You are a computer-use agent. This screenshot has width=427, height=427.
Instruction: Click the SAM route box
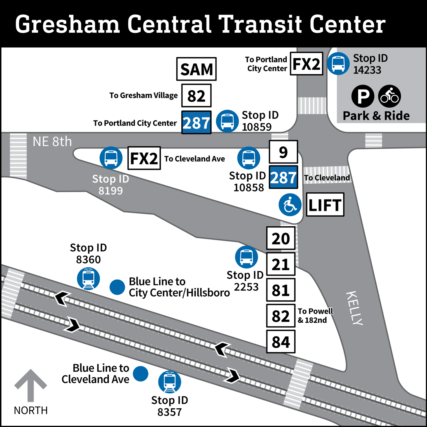pos(196,69)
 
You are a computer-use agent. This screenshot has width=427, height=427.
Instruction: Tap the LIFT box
pos(325,205)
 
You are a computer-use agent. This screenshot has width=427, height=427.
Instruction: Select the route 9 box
pos(283,152)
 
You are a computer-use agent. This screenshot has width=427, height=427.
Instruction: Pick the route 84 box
pos(281,342)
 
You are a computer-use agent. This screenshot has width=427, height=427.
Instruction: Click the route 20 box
pos(281,238)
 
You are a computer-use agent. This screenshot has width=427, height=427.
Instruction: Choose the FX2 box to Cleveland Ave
pos(144,158)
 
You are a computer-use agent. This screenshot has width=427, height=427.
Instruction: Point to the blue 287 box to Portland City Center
pos(196,123)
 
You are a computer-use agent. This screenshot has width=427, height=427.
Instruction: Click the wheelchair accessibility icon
pos(290,205)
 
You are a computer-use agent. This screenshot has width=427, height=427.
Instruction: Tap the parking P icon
pos(363,96)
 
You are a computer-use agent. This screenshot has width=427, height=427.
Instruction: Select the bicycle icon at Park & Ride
pos(389,96)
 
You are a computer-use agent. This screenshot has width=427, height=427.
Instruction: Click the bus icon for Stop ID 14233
pos(338,63)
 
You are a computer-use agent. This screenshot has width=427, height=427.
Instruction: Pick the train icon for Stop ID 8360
pos(88,279)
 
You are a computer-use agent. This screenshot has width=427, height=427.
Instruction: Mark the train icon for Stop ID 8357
pos(170,382)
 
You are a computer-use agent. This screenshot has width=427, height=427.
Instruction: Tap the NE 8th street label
pos(52,142)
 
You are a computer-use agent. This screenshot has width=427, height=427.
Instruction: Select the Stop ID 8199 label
pos(111,185)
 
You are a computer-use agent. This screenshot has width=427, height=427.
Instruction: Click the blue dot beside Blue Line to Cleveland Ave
pos(141,374)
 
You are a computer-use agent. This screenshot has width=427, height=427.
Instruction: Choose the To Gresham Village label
pos(143,95)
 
